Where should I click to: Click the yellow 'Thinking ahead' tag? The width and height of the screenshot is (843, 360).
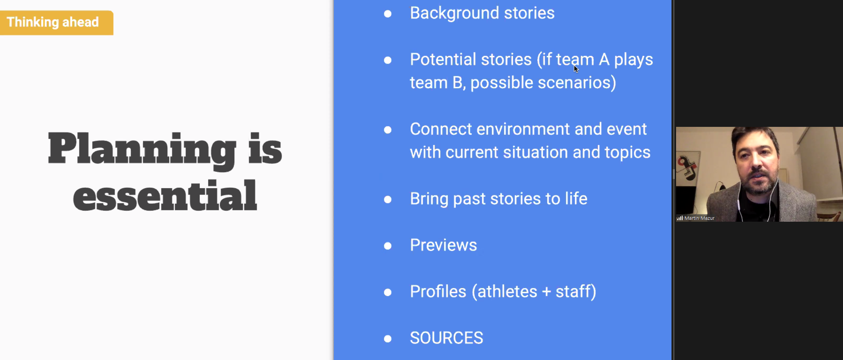click(x=56, y=22)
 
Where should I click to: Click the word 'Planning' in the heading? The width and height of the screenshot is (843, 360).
click(x=142, y=150)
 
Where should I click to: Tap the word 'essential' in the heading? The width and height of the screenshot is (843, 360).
click(x=165, y=196)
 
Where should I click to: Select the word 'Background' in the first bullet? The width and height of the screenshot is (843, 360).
click(x=454, y=13)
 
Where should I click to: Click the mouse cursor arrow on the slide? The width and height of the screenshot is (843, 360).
click(x=576, y=69)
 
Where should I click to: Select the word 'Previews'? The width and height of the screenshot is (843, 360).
click(x=443, y=245)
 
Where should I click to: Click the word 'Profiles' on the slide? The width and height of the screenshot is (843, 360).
click(x=438, y=291)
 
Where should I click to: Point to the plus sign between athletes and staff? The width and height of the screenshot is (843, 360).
click(x=546, y=292)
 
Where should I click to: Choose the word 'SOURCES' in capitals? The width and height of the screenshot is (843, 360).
click(x=446, y=338)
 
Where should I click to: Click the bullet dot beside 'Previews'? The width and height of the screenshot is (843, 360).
click(x=388, y=246)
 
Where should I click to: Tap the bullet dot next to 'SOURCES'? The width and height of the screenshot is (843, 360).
click(x=388, y=339)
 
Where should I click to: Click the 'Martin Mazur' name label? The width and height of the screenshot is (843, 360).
click(x=699, y=218)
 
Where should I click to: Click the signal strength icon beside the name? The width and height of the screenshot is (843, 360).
click(x=680, y=218)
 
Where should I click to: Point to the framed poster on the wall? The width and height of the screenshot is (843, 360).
click(x=688, y=168)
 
